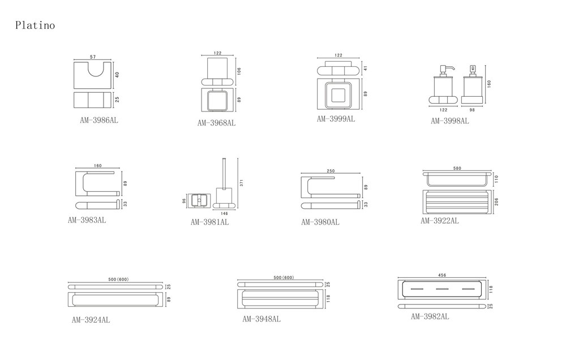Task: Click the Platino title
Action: coord(35,25)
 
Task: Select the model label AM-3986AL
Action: coord(99,121)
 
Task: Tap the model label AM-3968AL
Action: coord(216,122)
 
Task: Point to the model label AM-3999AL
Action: coord(336,119)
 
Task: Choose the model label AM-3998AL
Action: coord(449,121)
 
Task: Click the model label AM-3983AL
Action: coord(87,220)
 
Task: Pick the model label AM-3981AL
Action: coord(209,222)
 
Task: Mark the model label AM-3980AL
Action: coord(320,222)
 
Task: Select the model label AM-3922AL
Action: coord(439,221)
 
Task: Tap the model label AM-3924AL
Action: coord(91,320)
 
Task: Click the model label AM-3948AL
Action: coord(261,319)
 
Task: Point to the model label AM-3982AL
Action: coord(430,317)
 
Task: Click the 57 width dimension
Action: coord(93,57)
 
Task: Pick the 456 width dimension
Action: coord(442,275)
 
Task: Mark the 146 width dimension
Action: coord(225,214)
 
